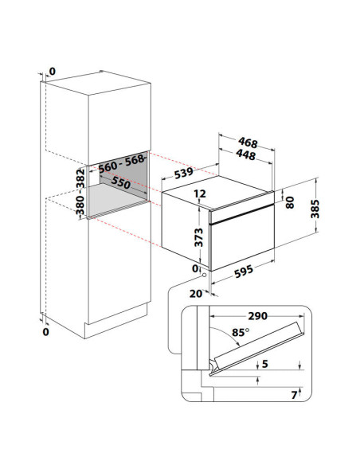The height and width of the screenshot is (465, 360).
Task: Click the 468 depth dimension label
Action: coord(248,143)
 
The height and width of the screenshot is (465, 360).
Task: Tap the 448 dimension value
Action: coord(246,154)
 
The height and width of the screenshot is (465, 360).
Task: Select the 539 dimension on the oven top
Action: coord(183,173)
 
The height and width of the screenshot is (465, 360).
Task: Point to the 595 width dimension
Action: coord(244,272)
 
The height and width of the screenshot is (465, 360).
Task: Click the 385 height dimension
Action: coord(315,209)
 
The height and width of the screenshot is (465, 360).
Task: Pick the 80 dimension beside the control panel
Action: coord(290,202)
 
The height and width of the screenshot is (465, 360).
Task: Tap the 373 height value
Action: coord(198,237)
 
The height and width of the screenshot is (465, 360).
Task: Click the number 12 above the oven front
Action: coord(200,193)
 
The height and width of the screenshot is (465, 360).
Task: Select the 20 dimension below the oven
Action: coord(196,294)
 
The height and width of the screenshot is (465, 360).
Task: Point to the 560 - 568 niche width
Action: coord(121,164)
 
